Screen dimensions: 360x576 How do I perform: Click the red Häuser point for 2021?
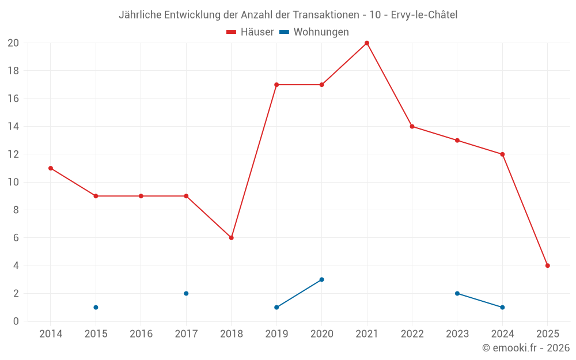367,43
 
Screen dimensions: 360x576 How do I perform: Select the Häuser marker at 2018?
232,238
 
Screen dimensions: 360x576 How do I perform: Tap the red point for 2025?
548,266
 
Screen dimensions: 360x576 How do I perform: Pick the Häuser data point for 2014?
51,168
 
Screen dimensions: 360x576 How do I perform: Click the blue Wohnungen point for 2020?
322,279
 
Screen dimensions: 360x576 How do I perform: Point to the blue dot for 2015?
96,307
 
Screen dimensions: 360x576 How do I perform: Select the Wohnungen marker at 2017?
186,293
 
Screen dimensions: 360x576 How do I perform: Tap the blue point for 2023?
457,293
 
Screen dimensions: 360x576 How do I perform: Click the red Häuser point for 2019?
276,85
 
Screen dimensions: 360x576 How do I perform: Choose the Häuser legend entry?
250,32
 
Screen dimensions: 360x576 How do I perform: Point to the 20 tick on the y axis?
13,43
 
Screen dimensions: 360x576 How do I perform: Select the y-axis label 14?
13,127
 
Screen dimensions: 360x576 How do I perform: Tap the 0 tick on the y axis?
16,321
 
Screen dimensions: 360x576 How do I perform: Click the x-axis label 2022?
412,334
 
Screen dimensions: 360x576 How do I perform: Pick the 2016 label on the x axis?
141,334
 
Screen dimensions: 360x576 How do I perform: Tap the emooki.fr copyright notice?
526,348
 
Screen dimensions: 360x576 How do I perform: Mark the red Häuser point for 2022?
412,127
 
